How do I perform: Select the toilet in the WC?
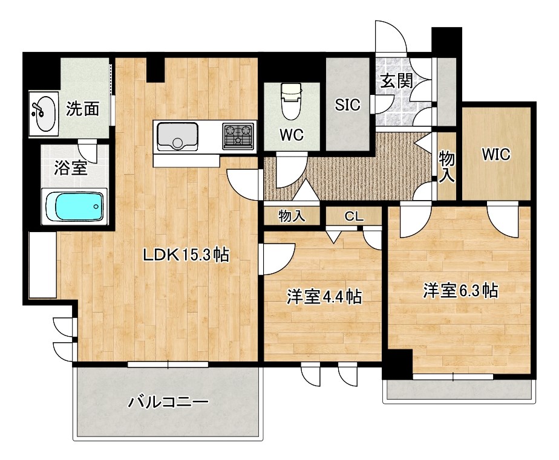click(x=292, y=101)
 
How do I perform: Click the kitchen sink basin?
click(x=178, y=136)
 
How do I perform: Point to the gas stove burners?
click(x=239, y=135)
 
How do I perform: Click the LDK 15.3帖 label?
click(x=185, y=255)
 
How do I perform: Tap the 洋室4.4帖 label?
click(x=324, y=296)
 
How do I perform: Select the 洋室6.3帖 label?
click(x=460, y=291)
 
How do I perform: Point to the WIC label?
click(x=496, y=155)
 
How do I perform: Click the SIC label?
click(x=348, y=105)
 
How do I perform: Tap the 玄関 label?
click(x=396, y=81)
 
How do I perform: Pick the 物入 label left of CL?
click(x=292, y=215)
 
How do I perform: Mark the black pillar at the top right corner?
click(x=446, y=40)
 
